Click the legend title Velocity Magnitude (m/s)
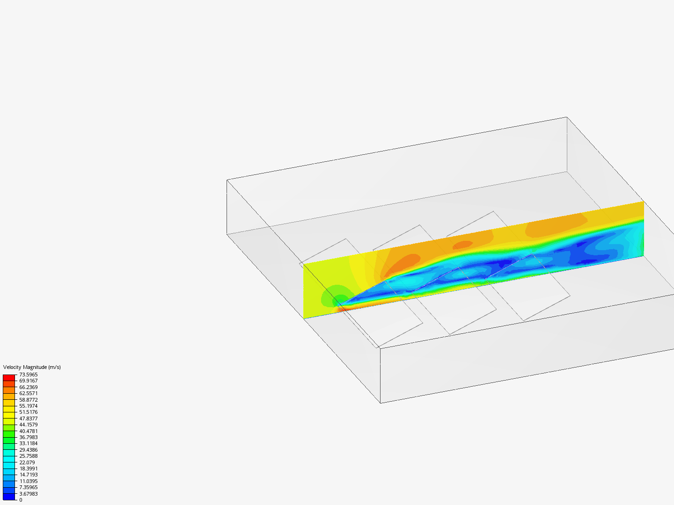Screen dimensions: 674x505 (32, 367)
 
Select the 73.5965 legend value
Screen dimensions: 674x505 (28, 375)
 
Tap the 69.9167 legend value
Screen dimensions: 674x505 (28, 381)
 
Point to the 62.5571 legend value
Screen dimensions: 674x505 (28, 393)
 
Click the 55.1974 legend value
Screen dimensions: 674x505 (28, 406)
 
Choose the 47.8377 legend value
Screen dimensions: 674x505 (28, 418)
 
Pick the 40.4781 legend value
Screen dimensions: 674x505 (28, 431)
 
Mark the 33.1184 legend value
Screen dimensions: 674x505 (28, 443)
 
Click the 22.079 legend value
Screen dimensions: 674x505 (27, 462)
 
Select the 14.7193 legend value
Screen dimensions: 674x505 (28, 475)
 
